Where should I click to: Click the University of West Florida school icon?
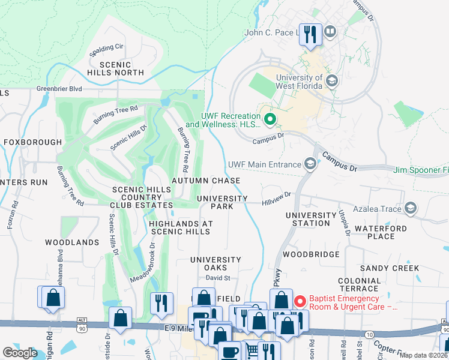click(332, 81)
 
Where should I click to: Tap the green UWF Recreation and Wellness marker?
click(270, 120)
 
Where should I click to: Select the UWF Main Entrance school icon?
click(310, 164)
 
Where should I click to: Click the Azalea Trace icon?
click(411, 208)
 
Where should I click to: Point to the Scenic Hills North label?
click(122, 68)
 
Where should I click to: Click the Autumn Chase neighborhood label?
click(206, 181)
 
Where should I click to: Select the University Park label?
click(222, 202)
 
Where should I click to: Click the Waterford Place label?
click(381, 232)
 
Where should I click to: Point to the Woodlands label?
click(72, 242)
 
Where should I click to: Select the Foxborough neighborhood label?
click(33, 142)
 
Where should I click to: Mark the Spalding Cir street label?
click(106, 47)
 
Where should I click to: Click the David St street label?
click(218, 278)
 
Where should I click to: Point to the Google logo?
click(19, 353)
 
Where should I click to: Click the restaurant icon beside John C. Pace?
click(310, 35)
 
